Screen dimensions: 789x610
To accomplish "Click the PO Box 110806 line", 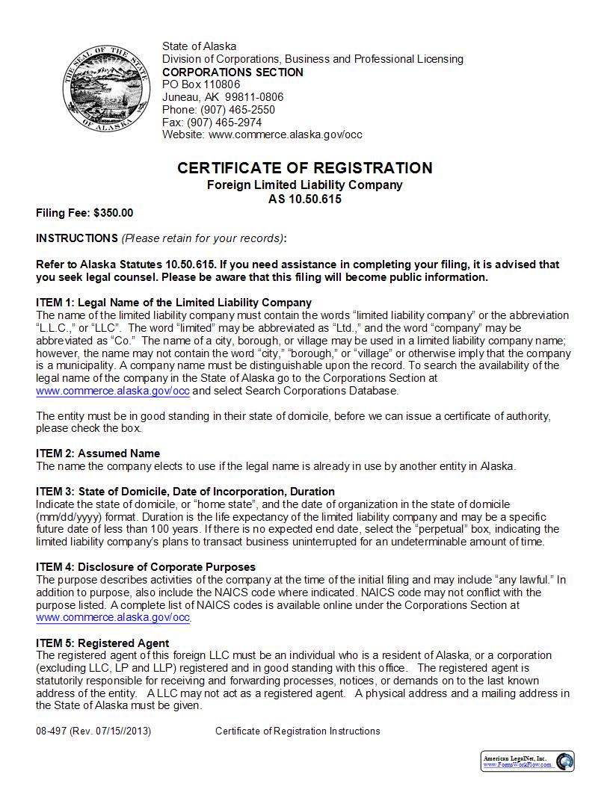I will (201, 84).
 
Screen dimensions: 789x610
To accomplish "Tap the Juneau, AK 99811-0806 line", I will (223, 97).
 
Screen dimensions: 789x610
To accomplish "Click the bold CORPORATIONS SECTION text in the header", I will (232, 72).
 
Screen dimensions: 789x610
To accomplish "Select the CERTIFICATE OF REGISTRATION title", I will (304, 168).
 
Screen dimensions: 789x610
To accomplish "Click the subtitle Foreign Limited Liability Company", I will (304, 185).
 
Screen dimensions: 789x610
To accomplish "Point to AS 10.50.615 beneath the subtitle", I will (304, 199).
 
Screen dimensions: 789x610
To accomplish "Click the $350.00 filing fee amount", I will (114, 213).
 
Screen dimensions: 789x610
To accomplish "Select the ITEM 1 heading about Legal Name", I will (173, 303).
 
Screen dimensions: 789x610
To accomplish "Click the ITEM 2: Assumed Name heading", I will (98, 454).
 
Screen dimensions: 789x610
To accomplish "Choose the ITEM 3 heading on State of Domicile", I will (185, 492).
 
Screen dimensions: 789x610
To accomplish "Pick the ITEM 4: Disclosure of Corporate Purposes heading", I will (146, 567).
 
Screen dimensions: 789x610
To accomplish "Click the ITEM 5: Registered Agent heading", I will (102, 643).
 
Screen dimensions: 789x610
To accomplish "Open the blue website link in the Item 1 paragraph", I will (113, 391).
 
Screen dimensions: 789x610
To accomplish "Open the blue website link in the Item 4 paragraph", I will (113, 618).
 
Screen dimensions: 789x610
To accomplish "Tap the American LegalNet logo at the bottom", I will (527, 761).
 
